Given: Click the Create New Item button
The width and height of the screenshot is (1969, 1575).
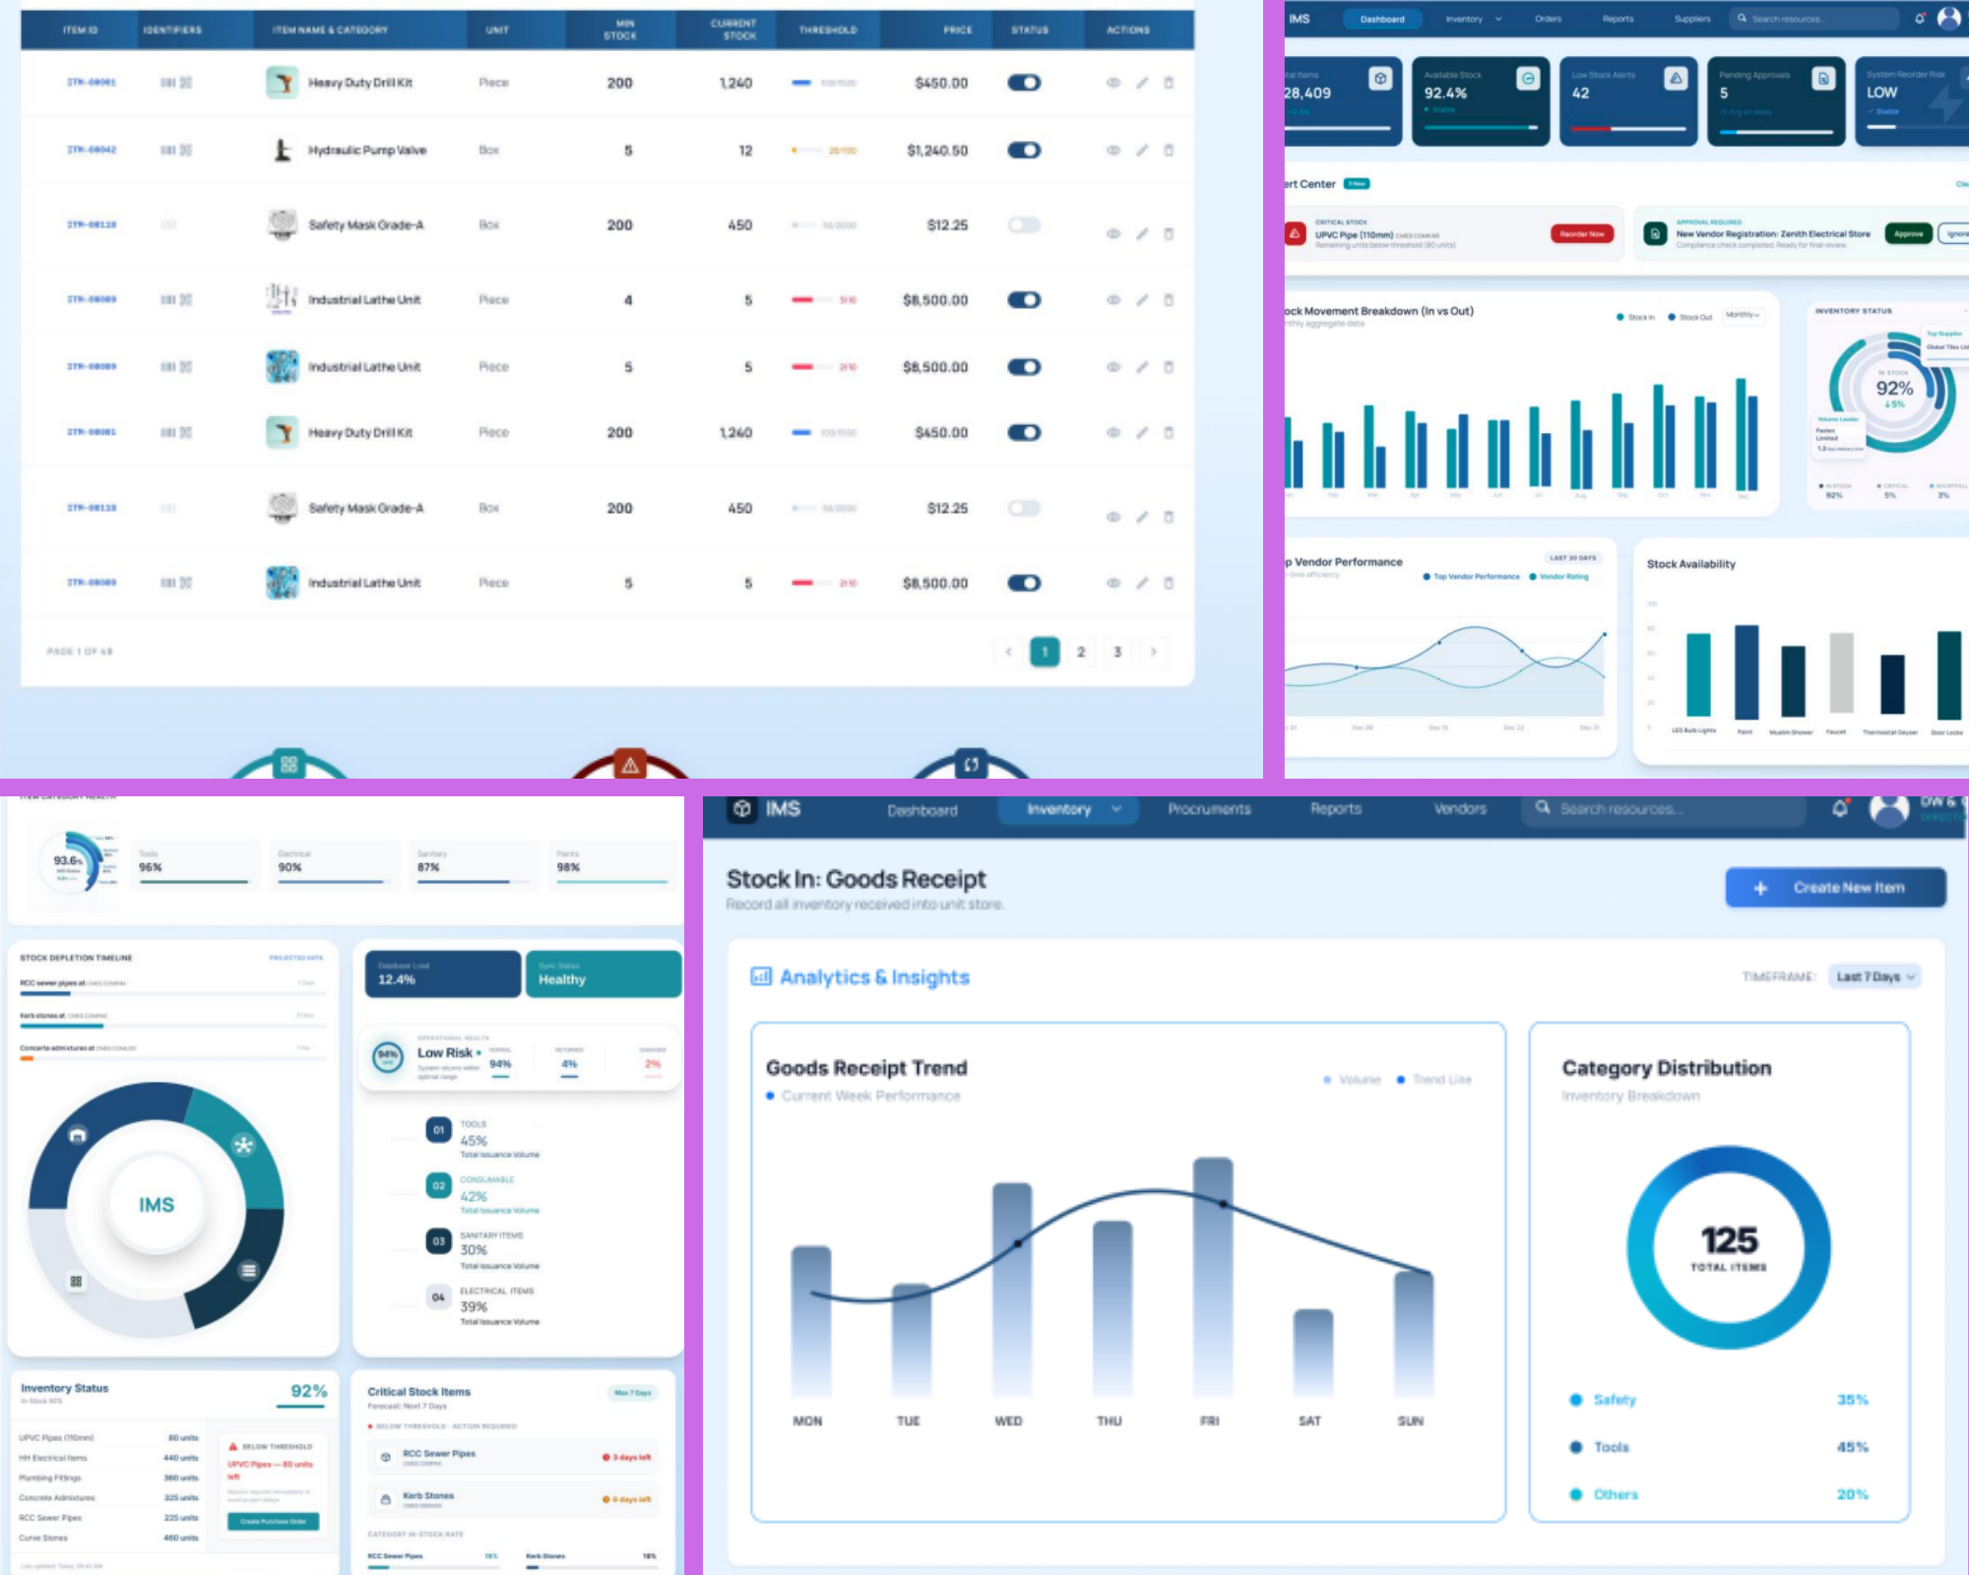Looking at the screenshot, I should pos(1835,888).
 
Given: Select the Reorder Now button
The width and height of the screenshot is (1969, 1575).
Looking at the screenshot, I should pos(1581,234).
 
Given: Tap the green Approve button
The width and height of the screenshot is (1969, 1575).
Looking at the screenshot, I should pos(1908,234).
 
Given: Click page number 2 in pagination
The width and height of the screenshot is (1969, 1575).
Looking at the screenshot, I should pos(1081,652).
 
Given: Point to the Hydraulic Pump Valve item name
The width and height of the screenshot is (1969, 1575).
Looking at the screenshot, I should pos(367,151).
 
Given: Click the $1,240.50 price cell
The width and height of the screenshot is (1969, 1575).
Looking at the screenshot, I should pos(937,151).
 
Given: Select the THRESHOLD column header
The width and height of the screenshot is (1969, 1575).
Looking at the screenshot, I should pos(827,31).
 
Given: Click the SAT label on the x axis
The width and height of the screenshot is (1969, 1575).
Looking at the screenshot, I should pos(1309,1421).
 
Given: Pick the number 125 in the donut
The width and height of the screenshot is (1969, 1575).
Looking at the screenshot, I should pos(1729,1240).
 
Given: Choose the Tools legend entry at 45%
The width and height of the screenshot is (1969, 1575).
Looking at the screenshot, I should pos(1612,1447).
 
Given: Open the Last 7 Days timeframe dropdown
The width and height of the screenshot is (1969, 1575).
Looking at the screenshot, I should pos(1874,976).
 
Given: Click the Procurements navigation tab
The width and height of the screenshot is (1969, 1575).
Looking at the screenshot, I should pos(1209,809).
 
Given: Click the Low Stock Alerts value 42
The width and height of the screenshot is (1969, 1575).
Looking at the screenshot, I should pos(1581,94).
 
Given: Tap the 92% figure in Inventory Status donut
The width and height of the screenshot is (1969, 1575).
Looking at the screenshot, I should pos(1894,389).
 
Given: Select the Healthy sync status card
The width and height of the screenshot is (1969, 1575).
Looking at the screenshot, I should pos(603,974).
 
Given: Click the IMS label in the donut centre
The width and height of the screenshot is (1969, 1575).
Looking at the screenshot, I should pos(157,1205).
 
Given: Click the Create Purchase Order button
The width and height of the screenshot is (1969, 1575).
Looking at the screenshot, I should pos(273,1522).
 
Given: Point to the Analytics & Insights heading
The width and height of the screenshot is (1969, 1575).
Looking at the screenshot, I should pos(874,977).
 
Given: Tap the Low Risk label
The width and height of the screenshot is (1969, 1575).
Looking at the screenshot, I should pos(445,1053).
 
